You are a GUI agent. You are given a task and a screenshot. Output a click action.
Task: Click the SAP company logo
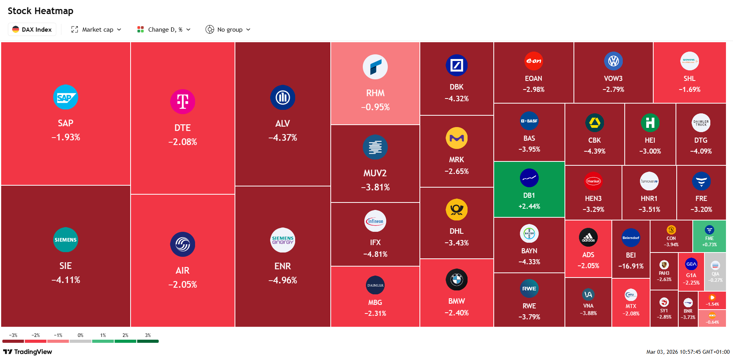65,97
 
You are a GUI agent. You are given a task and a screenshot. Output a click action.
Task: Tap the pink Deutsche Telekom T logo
183,102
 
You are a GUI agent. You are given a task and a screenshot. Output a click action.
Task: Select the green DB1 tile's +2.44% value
529,206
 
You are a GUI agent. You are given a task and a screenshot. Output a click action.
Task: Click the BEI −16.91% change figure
631,266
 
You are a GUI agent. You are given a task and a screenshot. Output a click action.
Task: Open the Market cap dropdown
96,30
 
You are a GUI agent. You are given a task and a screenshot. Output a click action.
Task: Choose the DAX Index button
32,30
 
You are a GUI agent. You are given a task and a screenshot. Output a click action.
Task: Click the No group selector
228,30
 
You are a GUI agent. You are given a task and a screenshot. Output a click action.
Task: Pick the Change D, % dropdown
164,30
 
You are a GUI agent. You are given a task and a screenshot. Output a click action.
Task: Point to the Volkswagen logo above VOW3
613,61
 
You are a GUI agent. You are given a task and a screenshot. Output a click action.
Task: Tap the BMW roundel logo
456,280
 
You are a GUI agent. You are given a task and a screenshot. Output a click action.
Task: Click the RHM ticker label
375,93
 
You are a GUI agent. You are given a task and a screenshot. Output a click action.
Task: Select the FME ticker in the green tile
709,238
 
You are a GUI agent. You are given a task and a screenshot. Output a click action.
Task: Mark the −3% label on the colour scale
13,335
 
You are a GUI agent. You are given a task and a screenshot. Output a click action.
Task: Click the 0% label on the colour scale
81,335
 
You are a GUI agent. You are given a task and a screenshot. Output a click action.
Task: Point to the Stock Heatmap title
41,11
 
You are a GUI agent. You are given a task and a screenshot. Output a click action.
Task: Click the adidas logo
588,237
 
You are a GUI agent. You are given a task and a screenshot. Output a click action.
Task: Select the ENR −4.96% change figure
282,280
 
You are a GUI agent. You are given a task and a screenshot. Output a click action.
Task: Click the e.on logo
533,61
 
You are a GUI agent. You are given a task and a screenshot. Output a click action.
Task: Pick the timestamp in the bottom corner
688,352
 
